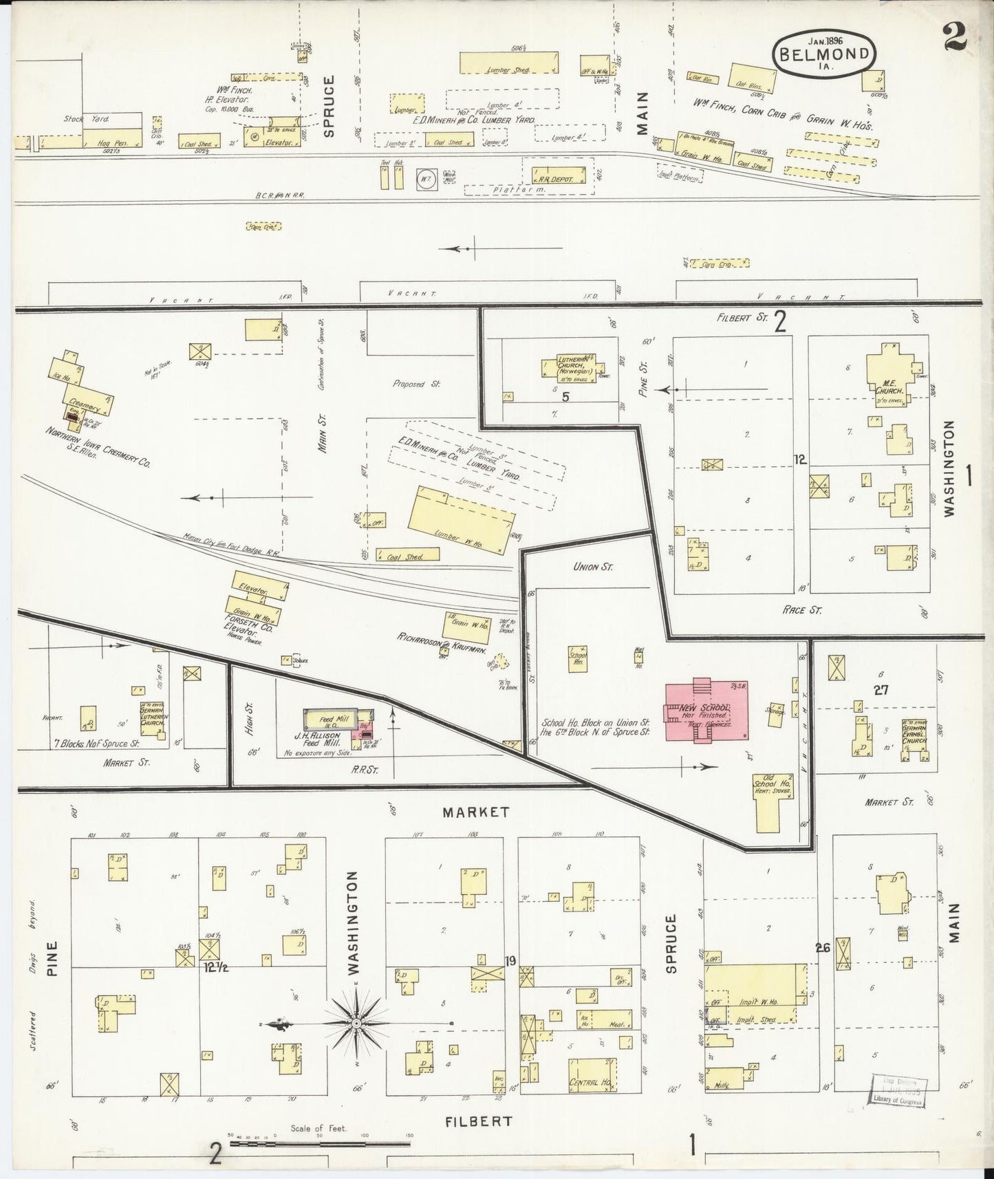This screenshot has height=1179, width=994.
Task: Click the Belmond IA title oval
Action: click(x=825, y=52)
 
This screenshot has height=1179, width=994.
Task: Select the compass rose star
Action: click(x=357, y=1024)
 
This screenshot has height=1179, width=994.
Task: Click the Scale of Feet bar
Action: click(x=320, y=1144)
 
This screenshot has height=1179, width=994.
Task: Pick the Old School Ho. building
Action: click(x=775, y=798)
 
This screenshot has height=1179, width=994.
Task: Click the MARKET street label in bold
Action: click(x=476, y=812)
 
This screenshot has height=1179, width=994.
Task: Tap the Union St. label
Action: click(x=592, y=567)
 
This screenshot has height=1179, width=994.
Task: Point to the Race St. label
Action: click(x=802, y=609)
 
